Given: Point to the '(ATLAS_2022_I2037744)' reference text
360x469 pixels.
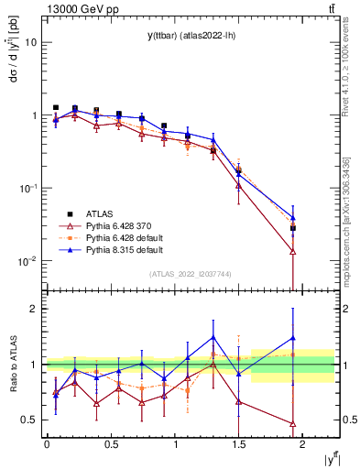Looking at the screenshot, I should pyautogui.click(x=190, y=274).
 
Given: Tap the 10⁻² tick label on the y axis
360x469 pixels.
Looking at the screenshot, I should pyautogui.click(x=27, y=261).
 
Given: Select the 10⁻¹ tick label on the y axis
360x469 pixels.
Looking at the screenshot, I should pyautogui.click(x=27, y=189).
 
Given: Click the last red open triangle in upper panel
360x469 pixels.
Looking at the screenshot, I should pyautogui.click(x=293, y=251).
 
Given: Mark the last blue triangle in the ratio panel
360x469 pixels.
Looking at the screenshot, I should pyautogui.click(x=293, y=338).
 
